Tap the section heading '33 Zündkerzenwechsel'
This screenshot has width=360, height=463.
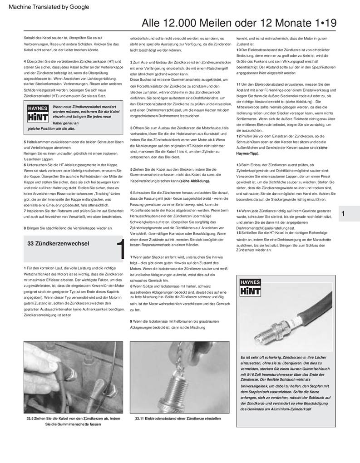[58, 244]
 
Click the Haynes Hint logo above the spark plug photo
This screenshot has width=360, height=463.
[250, 287]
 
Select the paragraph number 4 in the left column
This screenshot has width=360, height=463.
[25, 61]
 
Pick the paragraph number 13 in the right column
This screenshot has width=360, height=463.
[239, 164]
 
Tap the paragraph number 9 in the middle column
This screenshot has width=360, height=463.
[131, 321]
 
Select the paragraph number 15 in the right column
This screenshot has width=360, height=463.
[239, 233]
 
